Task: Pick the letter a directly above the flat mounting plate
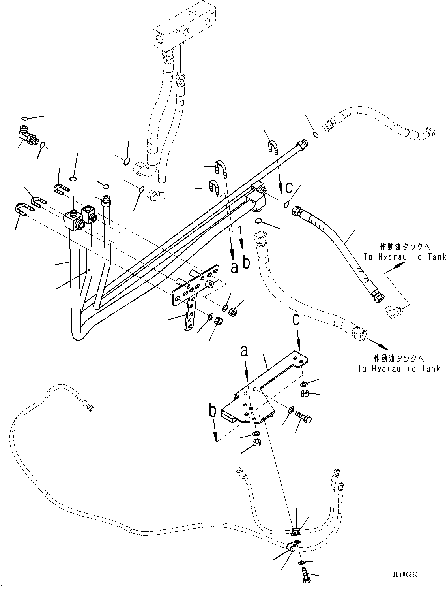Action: (x=245, y=351)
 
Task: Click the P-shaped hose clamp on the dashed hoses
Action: (x=292, y=547)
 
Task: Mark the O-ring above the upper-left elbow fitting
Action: (x=24, y=118)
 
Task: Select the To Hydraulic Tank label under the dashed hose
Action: (x=398, y=369)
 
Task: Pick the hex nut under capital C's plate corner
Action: (x=304, y=393)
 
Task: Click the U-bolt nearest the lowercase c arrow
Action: (x=273, y=146)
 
